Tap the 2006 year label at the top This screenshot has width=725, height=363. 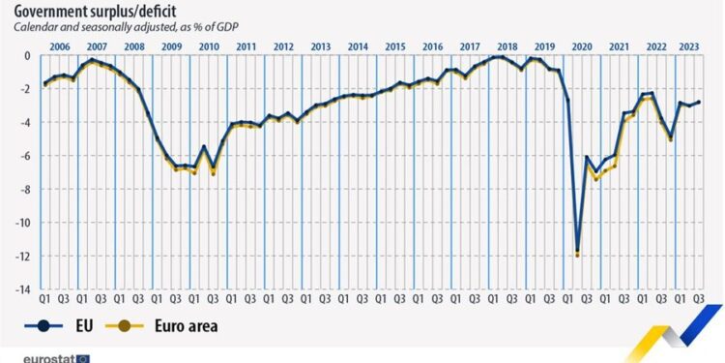(58, 46)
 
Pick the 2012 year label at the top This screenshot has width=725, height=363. (282, 46)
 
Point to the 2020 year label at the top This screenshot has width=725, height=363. (582, 46)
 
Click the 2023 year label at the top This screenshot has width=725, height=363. (689, 46)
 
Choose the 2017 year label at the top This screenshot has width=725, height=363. (470, 46)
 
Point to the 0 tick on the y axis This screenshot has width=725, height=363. (28, 56)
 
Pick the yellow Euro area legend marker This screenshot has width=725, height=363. (128, 326)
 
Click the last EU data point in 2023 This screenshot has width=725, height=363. (699, 102)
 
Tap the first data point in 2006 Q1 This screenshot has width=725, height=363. (44, 84)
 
